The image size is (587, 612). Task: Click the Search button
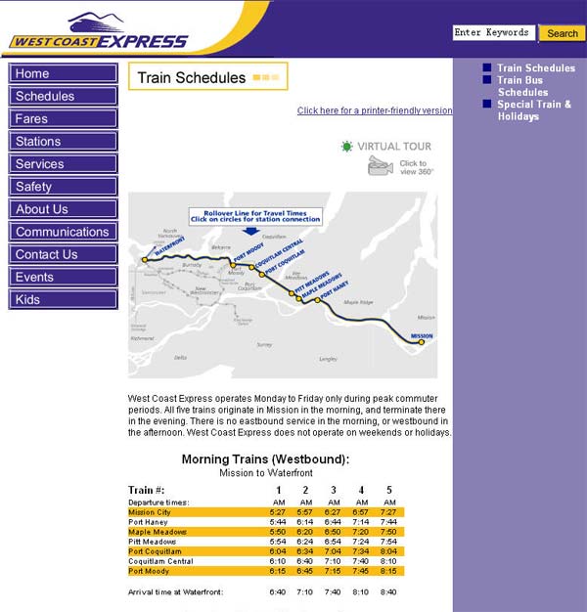tap(563, 33)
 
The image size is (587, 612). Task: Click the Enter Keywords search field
tap(494, 33)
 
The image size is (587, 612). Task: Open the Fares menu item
tap(64, 119)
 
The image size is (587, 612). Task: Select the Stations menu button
tap(64, 142)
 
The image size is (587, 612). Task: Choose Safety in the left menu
tap(64, 187)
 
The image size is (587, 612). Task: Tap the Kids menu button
tap(64, 300)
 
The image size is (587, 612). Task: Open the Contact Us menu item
tap(64, 255)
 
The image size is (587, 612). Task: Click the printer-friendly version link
tap(375, 111)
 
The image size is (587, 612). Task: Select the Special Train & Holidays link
tap(534, 110)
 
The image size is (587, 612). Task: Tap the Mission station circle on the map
tap(422, 342)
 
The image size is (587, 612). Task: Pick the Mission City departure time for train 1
tap(278, 512)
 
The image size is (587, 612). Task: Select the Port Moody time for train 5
tap(388, 571)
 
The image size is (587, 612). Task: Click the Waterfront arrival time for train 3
tap(334, 592)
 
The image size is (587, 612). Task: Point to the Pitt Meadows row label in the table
tap(153, 542)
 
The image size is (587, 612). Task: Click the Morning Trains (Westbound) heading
tap(265, 459)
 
